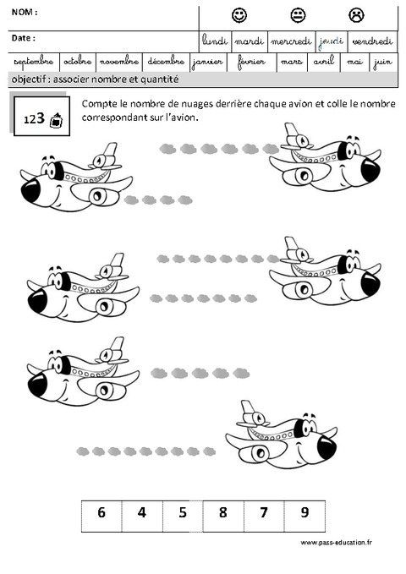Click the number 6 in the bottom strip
point(101,512)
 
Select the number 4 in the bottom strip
point(142,512)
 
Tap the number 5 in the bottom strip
point(182,512)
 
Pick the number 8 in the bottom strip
point(222,512)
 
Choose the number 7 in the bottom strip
point(263,512)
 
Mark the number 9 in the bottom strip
point(304,512)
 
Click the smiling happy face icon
point(239,15)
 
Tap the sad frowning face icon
point(356,15)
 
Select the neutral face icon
point(298,15)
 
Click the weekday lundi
point(215,41)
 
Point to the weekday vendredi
point(372,41)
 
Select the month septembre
point(33,62)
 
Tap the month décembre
point(164,62)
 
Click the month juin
point(382,62)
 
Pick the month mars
point(291,62)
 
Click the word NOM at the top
point(24,13)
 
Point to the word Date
point(23,38)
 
